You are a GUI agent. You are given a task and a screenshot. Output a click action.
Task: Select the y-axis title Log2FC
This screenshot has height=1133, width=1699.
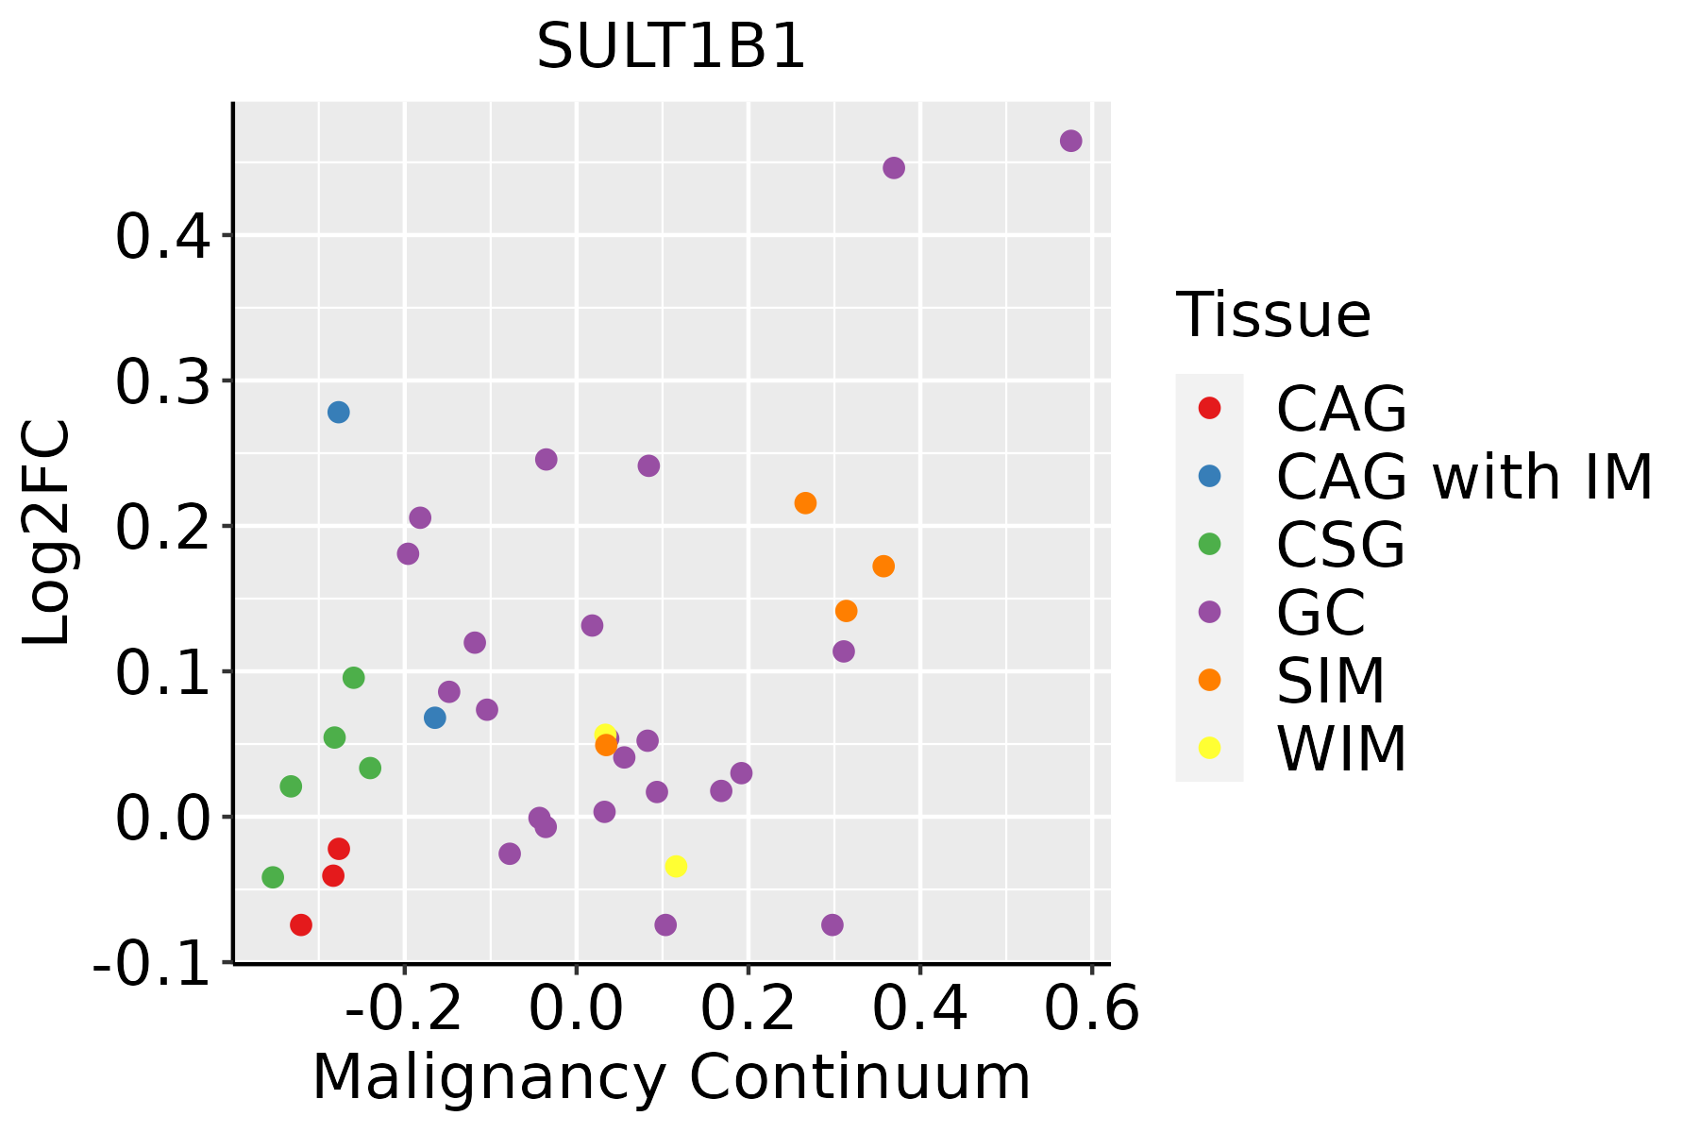[x=47, y=533]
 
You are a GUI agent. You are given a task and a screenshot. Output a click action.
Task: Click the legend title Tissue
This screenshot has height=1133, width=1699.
[x=1273, y=315]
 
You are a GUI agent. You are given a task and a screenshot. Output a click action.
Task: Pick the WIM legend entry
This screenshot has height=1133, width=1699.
[x=1340, y=749]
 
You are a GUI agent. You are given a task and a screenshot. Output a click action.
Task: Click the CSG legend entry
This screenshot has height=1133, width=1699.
[x=1340, y=545]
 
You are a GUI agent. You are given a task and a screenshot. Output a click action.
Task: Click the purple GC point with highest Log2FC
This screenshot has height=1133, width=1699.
[x=1070, y=141]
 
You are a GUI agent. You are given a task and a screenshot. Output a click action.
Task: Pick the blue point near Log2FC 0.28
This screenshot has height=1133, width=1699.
[x=338, y=413]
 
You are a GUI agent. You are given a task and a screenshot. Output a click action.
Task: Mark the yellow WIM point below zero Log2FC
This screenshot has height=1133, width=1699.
[x=676, y=867]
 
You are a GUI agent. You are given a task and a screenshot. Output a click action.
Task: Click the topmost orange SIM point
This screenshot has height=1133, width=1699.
[x=805, y=503]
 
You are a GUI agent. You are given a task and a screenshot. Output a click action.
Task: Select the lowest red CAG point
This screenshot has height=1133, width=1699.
[x=301, y=925]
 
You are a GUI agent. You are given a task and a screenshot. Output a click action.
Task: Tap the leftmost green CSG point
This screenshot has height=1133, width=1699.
[x=273, y=878]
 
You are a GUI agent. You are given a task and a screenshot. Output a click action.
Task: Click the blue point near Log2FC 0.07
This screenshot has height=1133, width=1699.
[x=434, y=718]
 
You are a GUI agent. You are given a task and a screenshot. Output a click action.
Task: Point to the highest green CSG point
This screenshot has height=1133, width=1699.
[x=354, y=678]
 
